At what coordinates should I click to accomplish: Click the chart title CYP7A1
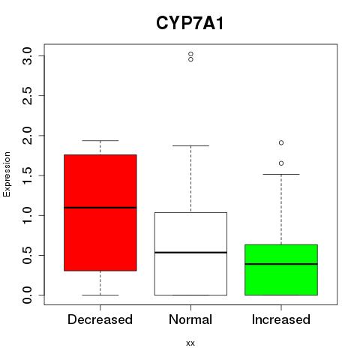coord(190,23)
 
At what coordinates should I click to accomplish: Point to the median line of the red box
coord(100,208)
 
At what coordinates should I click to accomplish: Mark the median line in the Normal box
coord(190,253)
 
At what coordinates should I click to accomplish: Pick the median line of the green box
coord(281,264)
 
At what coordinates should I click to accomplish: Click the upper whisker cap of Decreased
coord(100,140)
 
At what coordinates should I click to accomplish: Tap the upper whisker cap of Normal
coord(190,145)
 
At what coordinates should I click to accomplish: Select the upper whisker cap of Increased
coord(281,174)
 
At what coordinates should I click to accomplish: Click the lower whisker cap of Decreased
coord(100,295)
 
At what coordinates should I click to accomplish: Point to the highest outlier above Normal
coord(190,54)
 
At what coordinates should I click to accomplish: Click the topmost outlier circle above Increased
coord(281,142)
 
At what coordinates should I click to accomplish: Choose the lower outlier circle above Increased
coord(281,163)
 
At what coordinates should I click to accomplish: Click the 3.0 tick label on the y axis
coord(27,55)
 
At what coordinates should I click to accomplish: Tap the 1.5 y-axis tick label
coord(27,175)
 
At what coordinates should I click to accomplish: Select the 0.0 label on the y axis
coord(27,295)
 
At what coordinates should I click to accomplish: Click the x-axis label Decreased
coord(100,319)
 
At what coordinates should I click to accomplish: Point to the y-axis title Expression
coord(7,174)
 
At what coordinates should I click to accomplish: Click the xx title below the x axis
coord(190,343)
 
